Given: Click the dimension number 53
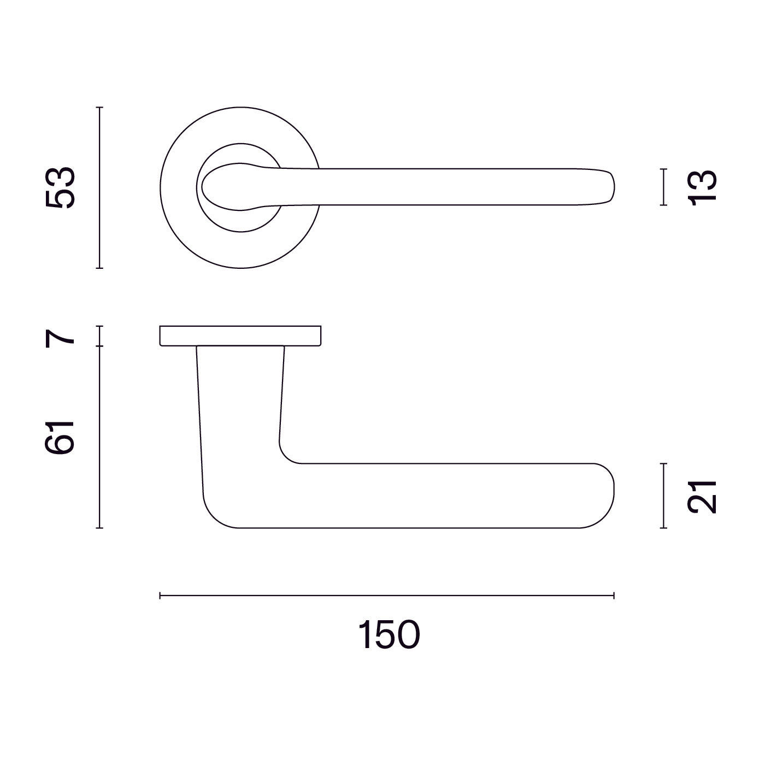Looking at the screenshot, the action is click(60, 187).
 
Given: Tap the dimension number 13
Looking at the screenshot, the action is click(702, 187).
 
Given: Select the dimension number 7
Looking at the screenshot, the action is click(60, 339).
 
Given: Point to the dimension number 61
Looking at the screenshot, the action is click(60, 437).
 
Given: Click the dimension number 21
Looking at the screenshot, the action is click(702, 497).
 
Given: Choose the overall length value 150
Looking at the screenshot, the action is click(389, 635).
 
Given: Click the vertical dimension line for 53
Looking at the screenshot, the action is click(99, 188).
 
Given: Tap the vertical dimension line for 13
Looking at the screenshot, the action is click(663, 187).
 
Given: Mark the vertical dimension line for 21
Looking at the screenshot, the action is click(663, 496).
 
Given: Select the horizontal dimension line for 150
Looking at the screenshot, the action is click(387, 607).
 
